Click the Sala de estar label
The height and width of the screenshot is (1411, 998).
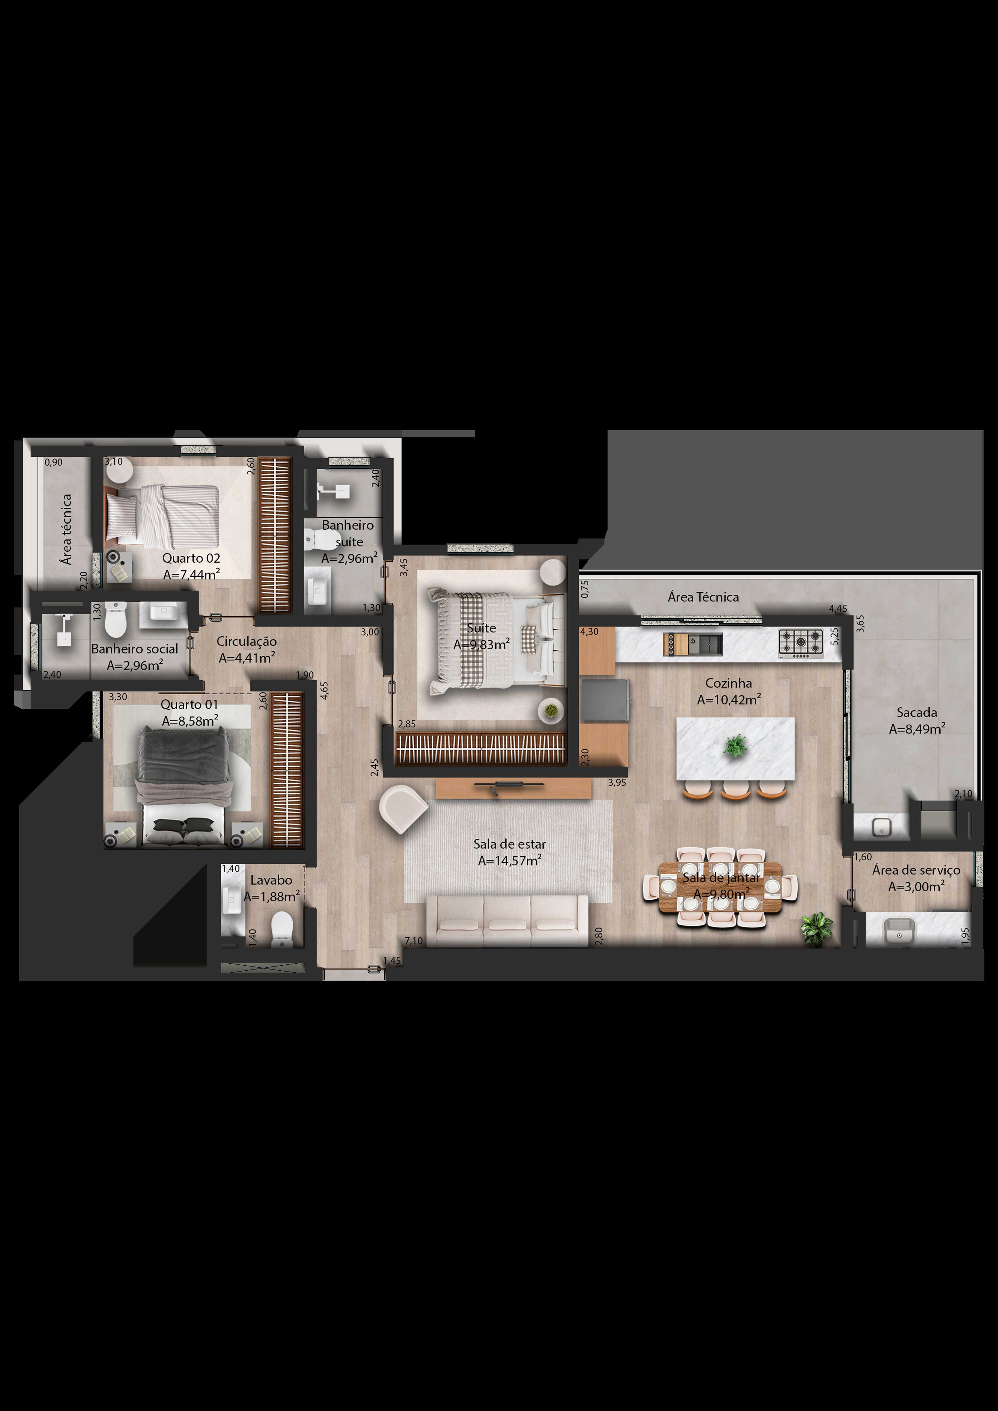510,844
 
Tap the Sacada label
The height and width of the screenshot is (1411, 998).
916,712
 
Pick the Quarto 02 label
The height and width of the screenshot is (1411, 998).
191,558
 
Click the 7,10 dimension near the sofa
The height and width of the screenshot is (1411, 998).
414,941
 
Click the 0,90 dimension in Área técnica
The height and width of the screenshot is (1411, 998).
53,462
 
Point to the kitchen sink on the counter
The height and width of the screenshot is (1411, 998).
705,643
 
